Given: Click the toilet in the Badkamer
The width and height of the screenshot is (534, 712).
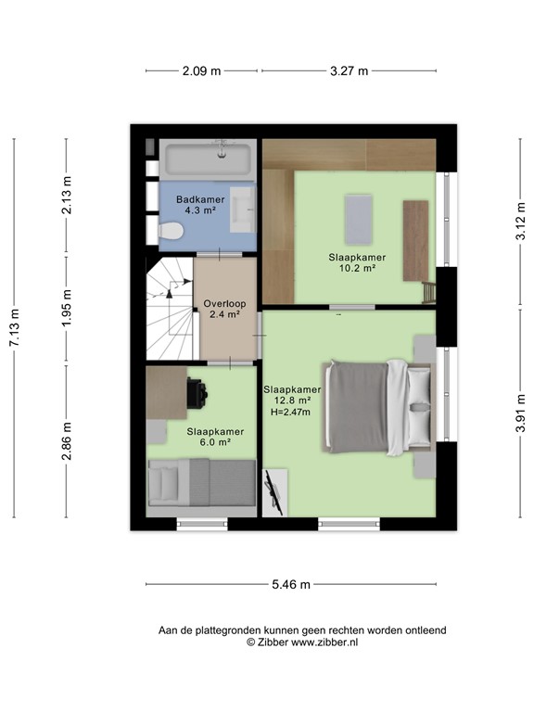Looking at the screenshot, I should [170, 232].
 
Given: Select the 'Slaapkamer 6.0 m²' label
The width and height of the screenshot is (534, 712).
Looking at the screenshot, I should [215, 437].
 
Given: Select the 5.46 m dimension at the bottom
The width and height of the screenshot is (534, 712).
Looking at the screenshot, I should [290, 584].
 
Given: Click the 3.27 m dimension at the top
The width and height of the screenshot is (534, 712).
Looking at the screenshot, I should [349, 70].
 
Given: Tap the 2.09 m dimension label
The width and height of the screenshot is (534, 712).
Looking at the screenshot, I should [203, 70].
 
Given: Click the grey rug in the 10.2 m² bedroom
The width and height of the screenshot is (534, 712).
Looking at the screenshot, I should [358, 218].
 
